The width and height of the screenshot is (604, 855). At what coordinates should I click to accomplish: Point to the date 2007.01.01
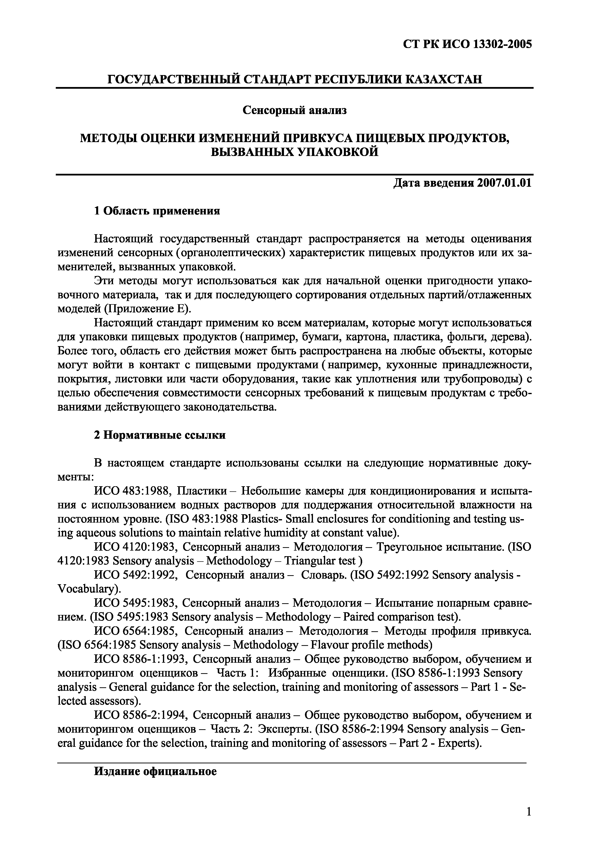point(503,183)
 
